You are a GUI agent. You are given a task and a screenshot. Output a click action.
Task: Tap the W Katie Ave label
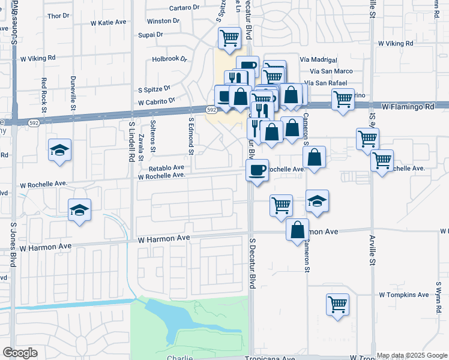tap(109, 22)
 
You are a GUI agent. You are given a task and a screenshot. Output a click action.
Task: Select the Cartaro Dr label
tap(184, 7)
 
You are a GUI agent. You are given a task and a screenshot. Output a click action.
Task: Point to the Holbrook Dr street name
tap(170, 59)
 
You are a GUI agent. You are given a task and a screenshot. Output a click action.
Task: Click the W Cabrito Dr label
tap(156, 101)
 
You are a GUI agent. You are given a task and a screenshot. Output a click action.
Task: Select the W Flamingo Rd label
tap(408, 106)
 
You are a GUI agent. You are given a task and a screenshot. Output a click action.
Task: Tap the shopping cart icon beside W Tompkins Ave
tap(338, 304)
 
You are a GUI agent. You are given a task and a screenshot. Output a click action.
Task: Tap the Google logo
tap(20, 353)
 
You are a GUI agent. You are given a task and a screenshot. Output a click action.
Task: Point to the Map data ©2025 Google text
tap(411, 355)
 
